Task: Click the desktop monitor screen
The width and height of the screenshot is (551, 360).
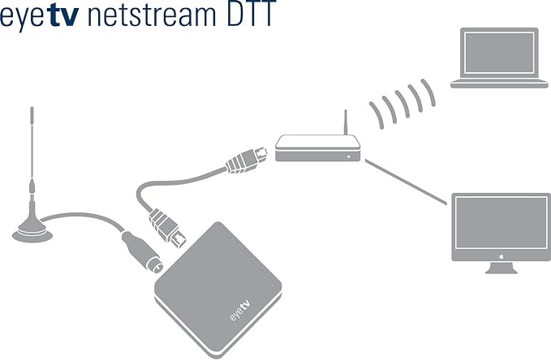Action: pyautogui.click(x=500, y=225)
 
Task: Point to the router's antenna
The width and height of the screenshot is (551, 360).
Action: pyautogui.click(x=345, y=124)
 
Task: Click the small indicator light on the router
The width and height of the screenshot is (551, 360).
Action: pyautogui.click(x=351, y=153)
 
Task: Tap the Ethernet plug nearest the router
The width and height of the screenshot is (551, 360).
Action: pyautogui.click(x=243, y=161)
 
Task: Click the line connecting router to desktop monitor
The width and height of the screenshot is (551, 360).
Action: pyautogui.click(x=406, y=182)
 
